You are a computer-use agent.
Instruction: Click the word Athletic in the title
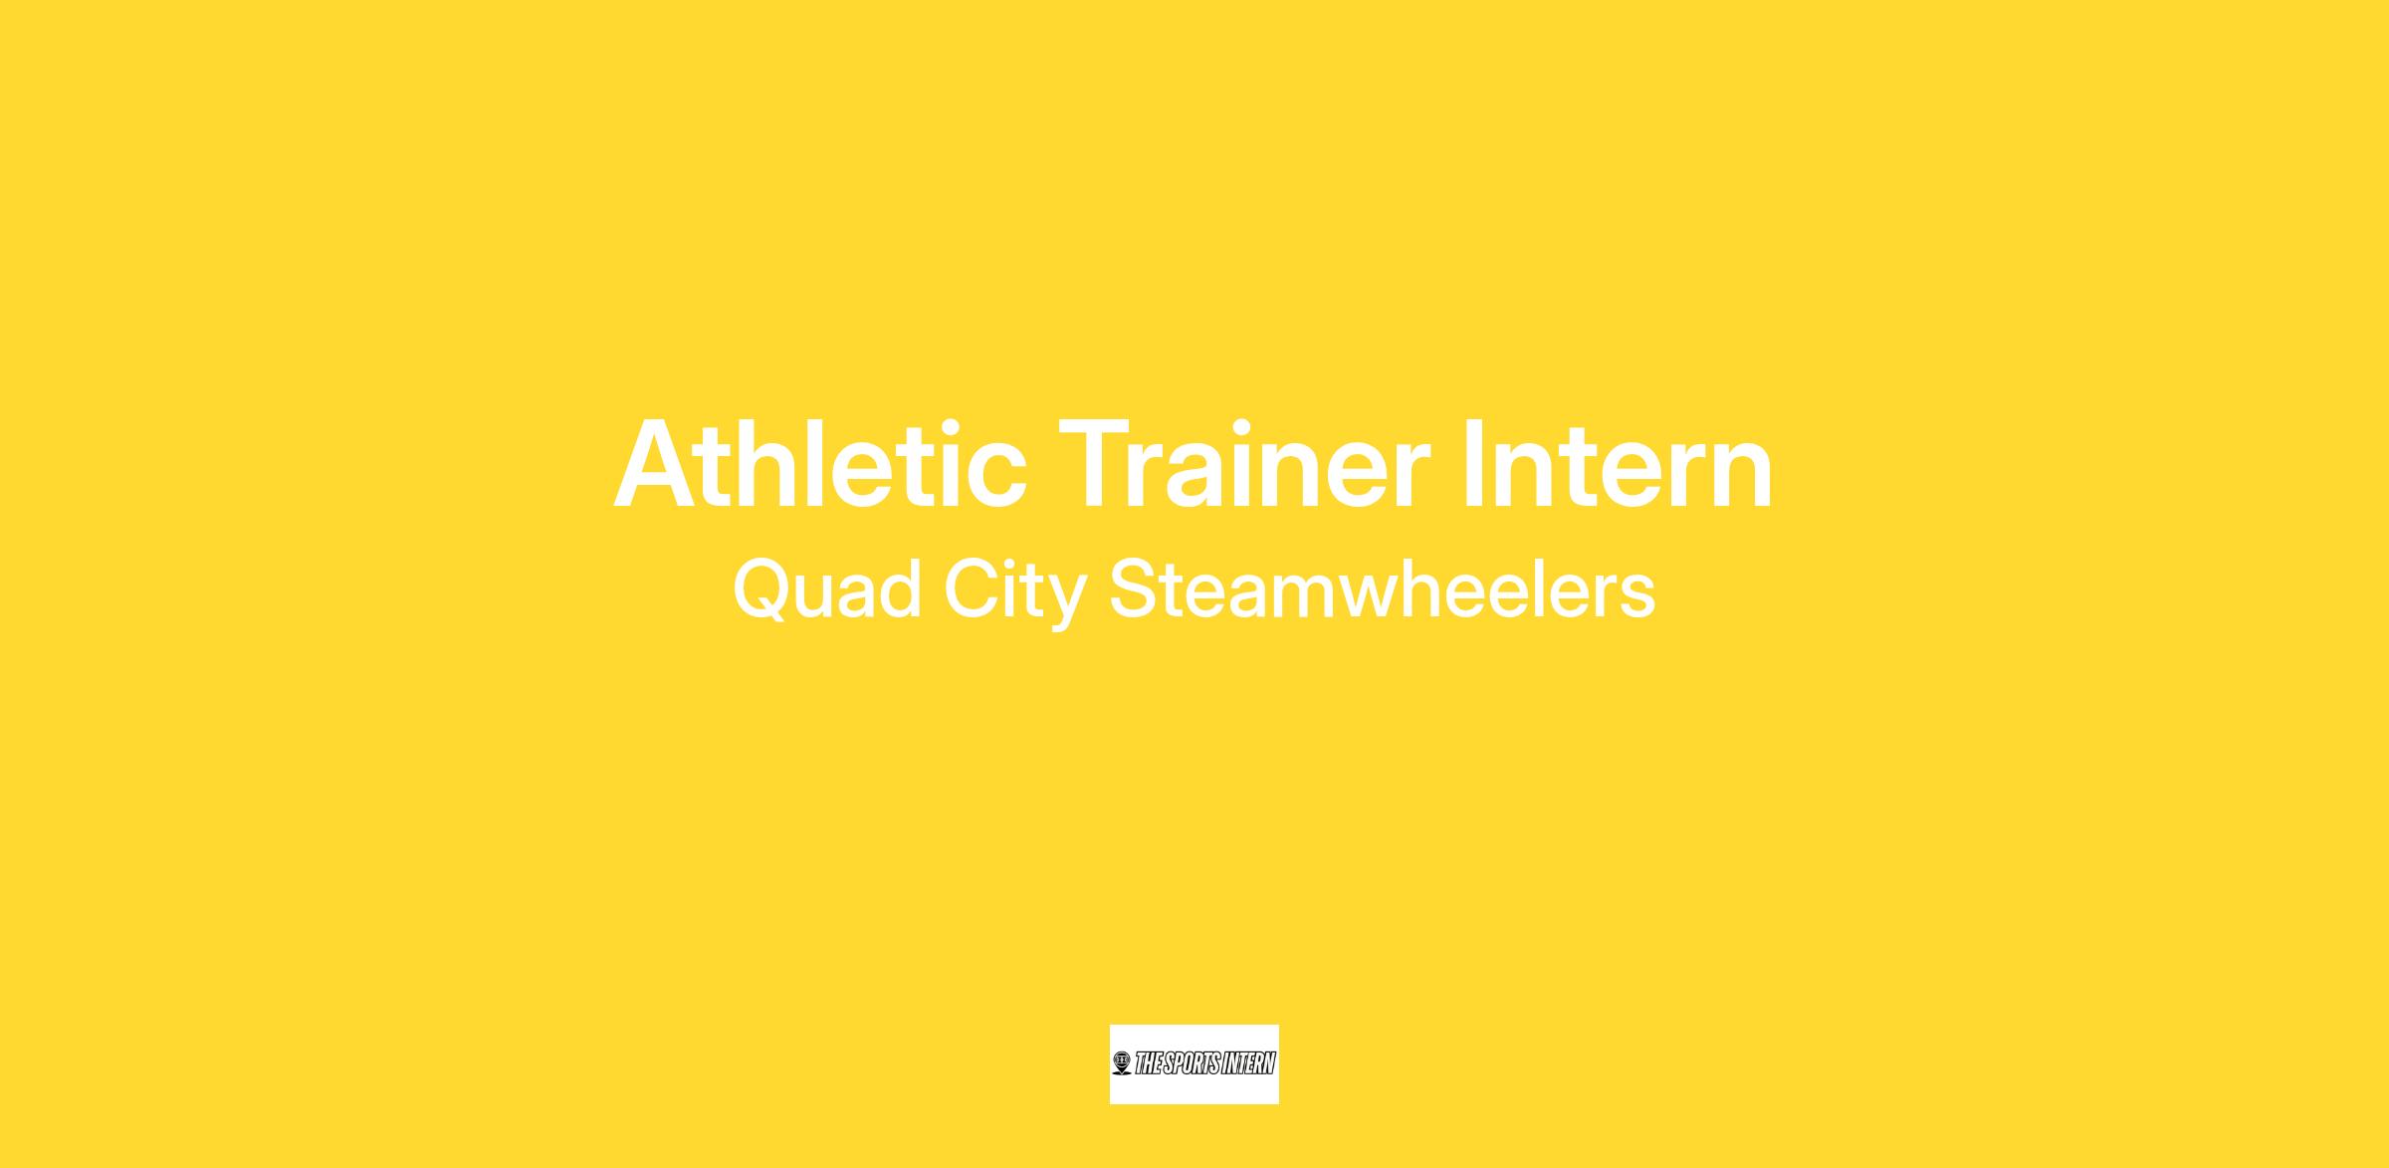820,465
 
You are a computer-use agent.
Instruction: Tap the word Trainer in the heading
1244,465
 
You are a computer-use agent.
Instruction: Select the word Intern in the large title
1619,465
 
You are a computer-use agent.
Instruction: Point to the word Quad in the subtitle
827,590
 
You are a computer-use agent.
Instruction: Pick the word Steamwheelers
1382,588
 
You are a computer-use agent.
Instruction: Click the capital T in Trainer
1098,464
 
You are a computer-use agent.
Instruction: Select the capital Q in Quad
764,591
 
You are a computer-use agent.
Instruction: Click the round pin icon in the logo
1122,1063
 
